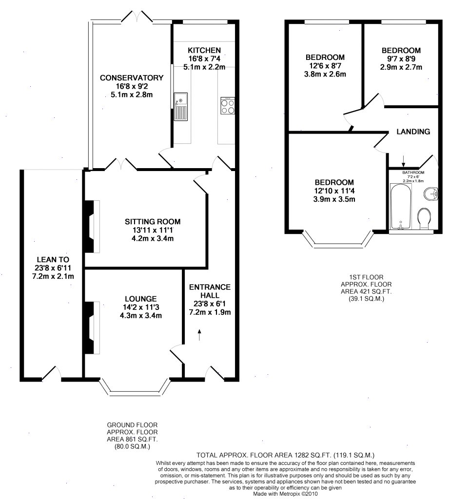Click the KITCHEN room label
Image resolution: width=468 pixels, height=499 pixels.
pyautogui.click(x=204, y=50)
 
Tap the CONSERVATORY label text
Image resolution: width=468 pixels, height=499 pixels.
pyautogui.click(x=131, y=78)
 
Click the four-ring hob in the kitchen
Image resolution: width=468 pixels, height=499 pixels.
pyautogui.click(x=227, y=106)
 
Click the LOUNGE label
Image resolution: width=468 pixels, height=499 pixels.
pyautogui.click(x=140, y=299)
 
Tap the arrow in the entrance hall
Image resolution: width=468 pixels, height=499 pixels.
pyautogui.click(x=199, y=334)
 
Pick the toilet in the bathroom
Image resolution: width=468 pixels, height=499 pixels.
pyautogui.click(x=424, y=218)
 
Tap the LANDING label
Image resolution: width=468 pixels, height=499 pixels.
pyautogui.click(x=413, y=132)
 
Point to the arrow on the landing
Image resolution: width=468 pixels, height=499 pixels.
pyautogui.click(x=403, y=160)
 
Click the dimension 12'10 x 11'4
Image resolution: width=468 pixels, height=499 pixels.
pyautogui.click(x=334, y=191)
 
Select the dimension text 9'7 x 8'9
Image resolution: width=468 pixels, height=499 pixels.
pyautogui.click(x=401, y=58)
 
